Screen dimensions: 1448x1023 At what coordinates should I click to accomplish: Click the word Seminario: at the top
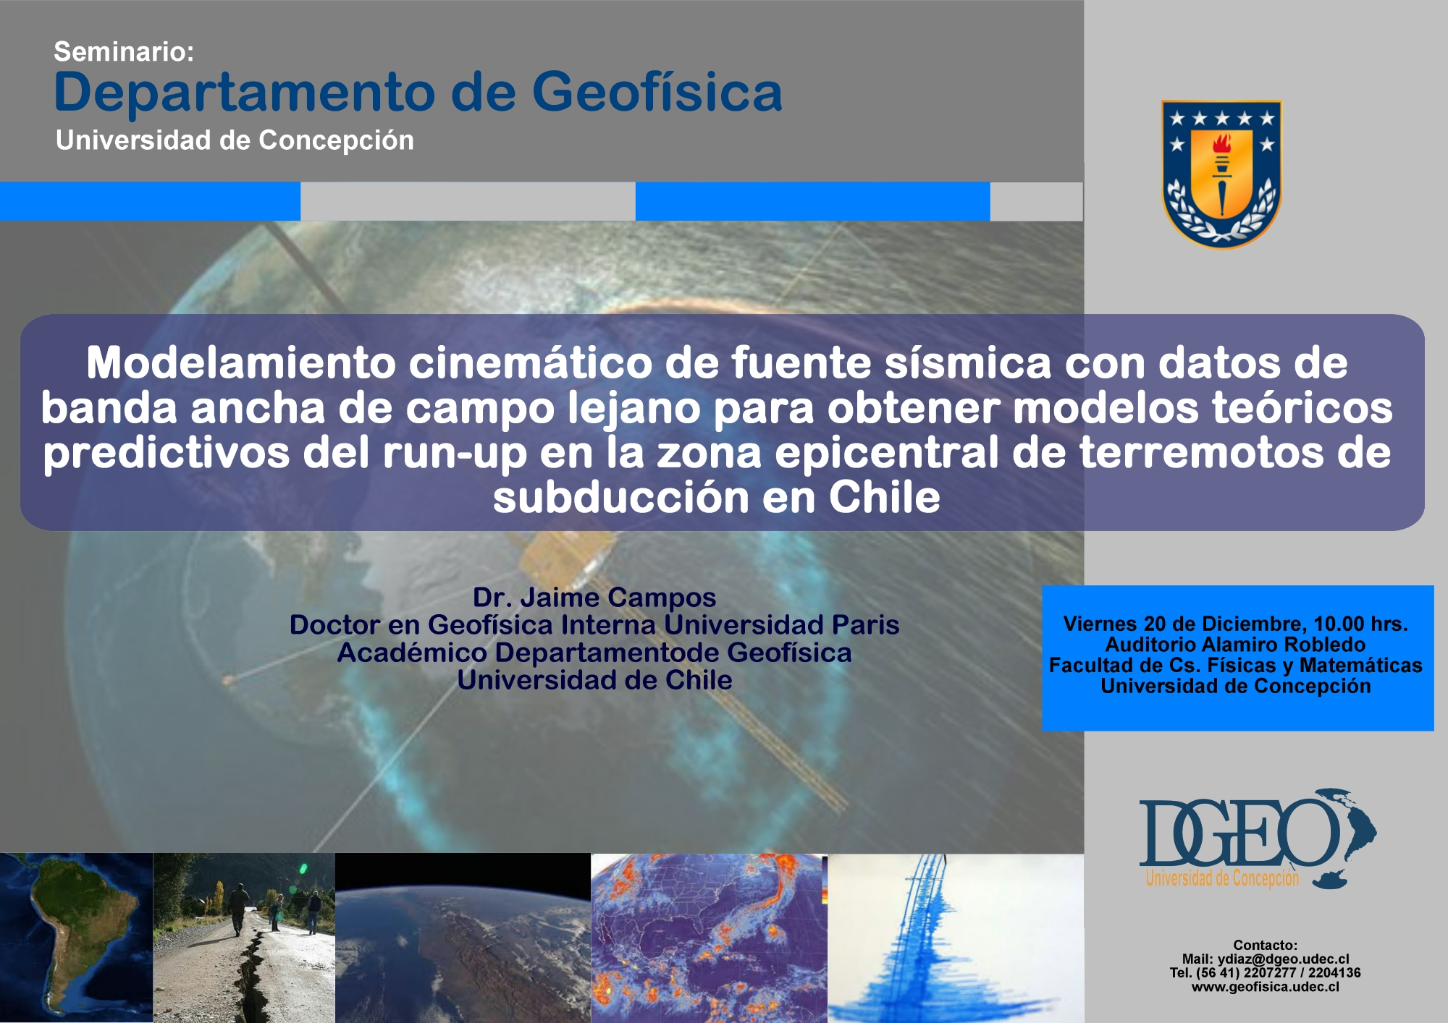tap(124, 51)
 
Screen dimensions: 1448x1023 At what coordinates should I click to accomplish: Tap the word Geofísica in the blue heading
tap(657, 93)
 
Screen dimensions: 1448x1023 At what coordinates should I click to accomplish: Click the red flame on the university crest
tap(1222, 143)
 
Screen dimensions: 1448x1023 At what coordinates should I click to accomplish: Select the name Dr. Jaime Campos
tap(594, 598)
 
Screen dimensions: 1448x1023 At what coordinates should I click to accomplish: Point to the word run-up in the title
tap(454, 454)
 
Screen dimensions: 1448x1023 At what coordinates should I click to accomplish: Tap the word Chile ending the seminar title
tap(885, 498)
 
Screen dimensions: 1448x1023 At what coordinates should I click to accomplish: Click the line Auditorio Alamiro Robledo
tap(1235, 645)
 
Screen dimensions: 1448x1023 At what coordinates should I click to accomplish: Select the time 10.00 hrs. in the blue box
tap(1360, 624)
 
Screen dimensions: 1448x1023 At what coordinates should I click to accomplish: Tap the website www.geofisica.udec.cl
tap(1266, 987)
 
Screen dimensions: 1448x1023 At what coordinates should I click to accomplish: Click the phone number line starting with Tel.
tap(1266, 973)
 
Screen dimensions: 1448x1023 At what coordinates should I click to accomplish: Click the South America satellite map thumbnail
tap(77, 938)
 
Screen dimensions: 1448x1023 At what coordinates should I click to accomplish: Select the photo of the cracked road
tap(245, 938)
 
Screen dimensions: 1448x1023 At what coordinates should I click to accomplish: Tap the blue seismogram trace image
tap(956, 938)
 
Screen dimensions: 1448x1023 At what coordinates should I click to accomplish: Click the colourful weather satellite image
tap(710, 938)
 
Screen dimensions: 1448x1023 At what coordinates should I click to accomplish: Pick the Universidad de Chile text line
tap(594, 680)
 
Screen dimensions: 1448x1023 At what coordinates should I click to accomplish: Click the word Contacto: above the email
tap(1266, 946)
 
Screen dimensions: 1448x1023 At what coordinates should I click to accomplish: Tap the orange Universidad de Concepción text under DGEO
tap(1222, 878)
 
